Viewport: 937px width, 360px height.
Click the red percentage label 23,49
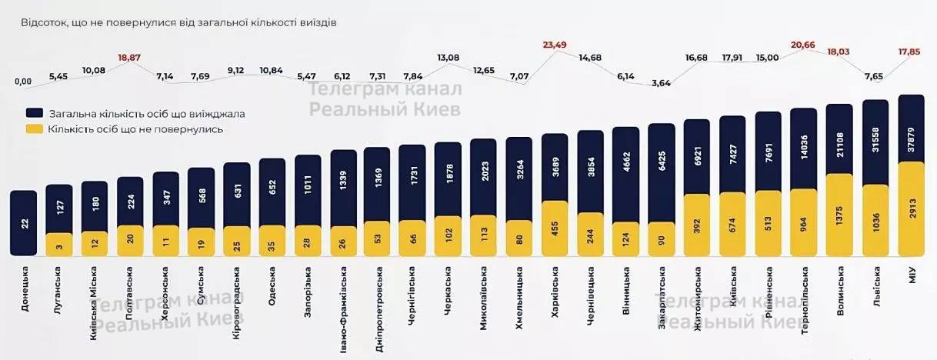coord(554,45)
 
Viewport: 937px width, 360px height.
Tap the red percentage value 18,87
coord(130,58)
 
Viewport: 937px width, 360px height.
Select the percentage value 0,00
coord(23,82)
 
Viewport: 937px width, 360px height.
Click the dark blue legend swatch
coord(35,114)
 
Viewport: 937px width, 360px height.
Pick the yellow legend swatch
coord(35,129)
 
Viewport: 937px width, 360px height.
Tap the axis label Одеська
coord(272,286)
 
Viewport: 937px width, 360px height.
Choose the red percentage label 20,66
coord(806,45)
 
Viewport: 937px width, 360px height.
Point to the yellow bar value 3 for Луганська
coord(59,245)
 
